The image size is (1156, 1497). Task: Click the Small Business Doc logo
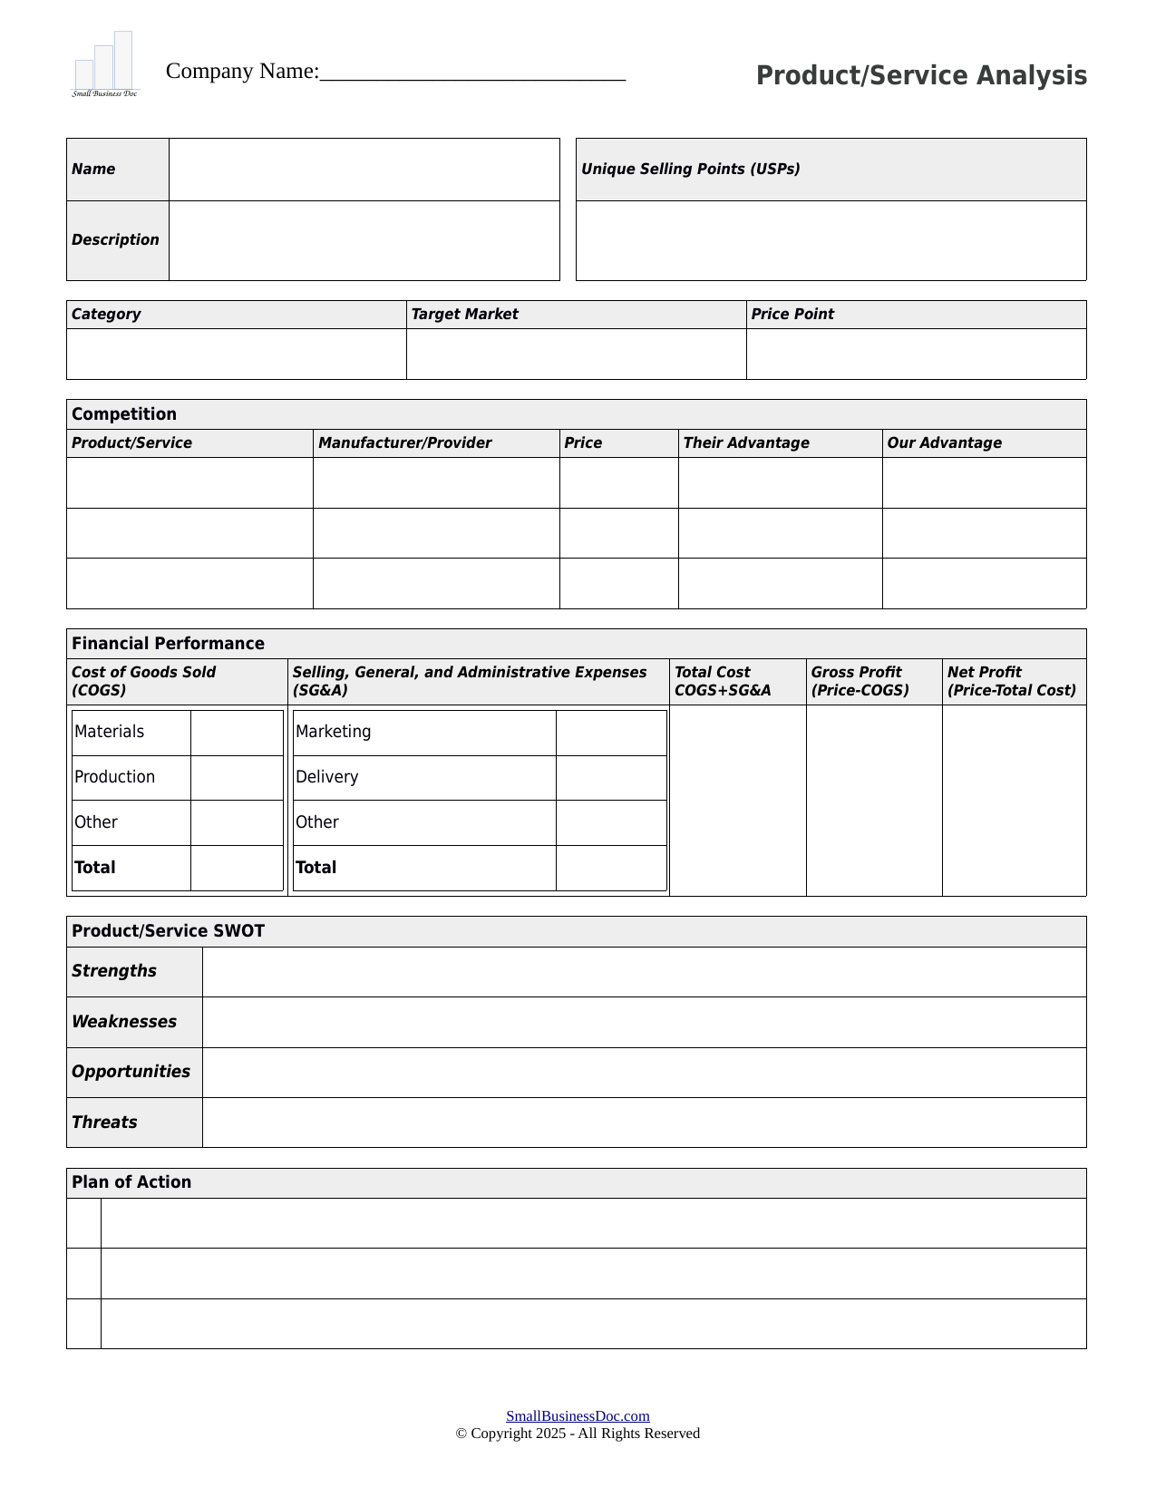[x=105, y=64]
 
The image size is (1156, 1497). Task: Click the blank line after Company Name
[x=472, y=73]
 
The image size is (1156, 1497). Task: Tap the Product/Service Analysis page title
[x=921, y=75]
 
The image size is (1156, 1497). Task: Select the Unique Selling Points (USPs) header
[x=690, y=170]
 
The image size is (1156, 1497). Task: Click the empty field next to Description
[x=364, y=240]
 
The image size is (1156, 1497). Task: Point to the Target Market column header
[x=464, y=315]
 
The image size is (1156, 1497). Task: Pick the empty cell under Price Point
[x=916, y=354]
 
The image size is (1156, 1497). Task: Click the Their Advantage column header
[x=745, y=443]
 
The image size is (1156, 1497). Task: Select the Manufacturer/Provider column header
[x=404, y=443]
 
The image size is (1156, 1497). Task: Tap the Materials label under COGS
[x=110, y=733]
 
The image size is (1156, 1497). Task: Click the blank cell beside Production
[x=237, y=778]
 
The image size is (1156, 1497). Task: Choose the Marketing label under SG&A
[x=333, y=733]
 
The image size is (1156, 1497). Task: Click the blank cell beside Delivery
[x=611, y=778]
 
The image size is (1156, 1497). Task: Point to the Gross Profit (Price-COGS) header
[x=860, y=682]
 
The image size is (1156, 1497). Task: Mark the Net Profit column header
[x=1011, y=682]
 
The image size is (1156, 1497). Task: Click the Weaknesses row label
[x=124, y=1022]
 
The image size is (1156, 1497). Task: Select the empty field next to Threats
[x=644, y=1123]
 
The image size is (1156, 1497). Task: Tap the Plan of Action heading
[x=131, y=1182]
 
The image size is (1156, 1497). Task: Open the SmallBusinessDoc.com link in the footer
[x=578, y=1416]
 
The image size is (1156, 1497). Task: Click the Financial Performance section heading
[x=168, y=644]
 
